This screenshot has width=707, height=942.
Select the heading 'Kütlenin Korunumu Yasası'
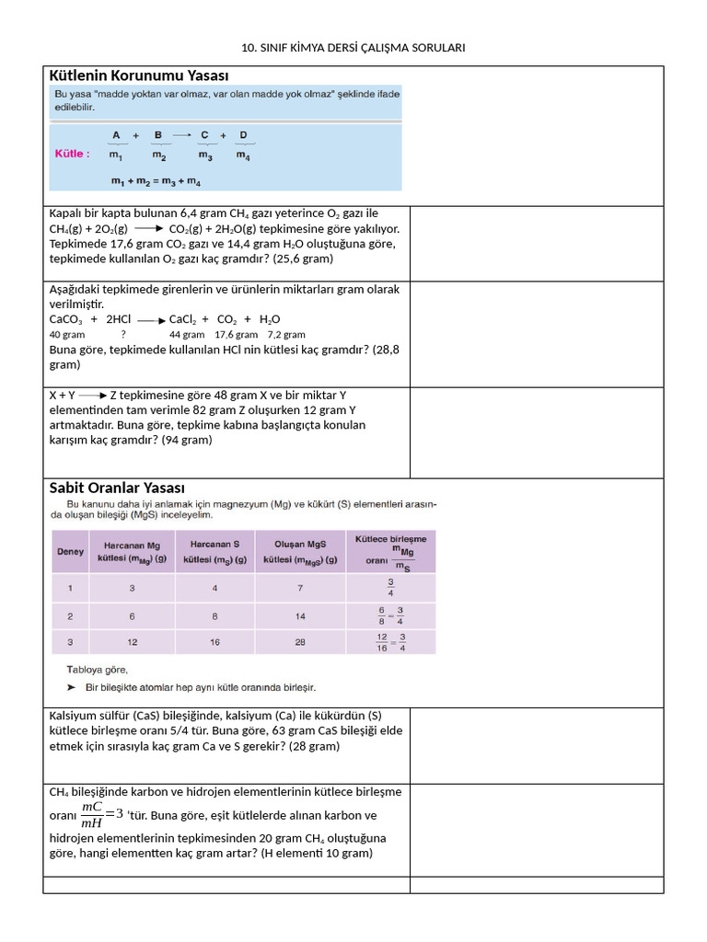click(x=139, y=75)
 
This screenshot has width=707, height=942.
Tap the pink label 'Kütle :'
click(x=71, y=154)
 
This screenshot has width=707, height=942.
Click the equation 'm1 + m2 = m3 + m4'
click(x=156, y=182)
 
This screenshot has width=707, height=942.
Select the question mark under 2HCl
click(x=123, y=335)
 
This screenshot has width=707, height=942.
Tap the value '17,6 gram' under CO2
click(x=236, y=335)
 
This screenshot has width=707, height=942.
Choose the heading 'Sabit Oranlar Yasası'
click(x=117, y=488)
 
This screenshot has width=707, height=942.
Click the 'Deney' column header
click(x=71, y=552)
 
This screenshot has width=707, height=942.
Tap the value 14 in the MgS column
click(x=300, y=615)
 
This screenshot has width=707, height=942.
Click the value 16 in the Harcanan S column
click(x=214, y=642)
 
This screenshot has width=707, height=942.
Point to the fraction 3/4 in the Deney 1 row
click(x=390, y=588)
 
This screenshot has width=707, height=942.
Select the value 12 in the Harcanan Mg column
click(x=133, y=642)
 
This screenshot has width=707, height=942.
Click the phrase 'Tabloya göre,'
click(x=97, y=670)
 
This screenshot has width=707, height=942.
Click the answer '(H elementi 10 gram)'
click(x=317, y=854)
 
